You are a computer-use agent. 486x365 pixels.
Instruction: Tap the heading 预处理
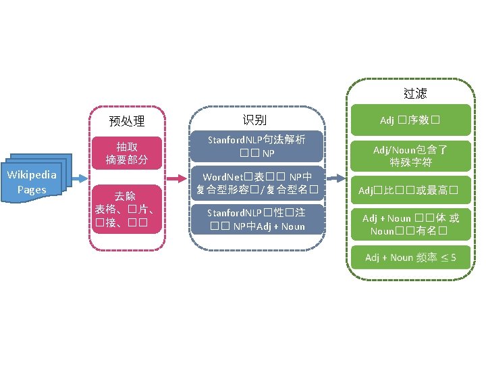127,122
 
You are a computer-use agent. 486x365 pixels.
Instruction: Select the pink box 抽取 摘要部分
127,153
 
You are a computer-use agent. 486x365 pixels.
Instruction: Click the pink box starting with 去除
127,209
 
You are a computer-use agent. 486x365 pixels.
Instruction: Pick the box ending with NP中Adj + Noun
256,220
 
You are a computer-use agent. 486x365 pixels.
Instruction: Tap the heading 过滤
414,93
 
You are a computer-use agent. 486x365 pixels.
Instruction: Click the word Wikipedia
32,176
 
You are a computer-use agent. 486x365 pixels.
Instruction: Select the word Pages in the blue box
32,190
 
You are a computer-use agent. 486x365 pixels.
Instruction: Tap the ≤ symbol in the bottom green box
442,258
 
